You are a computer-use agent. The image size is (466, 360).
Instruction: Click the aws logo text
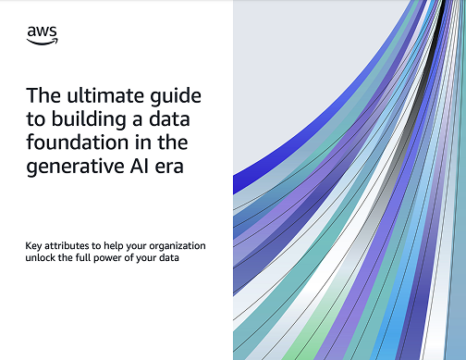click(x=42, y=32)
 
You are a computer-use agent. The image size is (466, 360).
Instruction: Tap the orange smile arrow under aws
click(x=43, y=42)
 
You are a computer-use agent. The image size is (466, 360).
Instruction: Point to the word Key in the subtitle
click(x=33, y=245)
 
